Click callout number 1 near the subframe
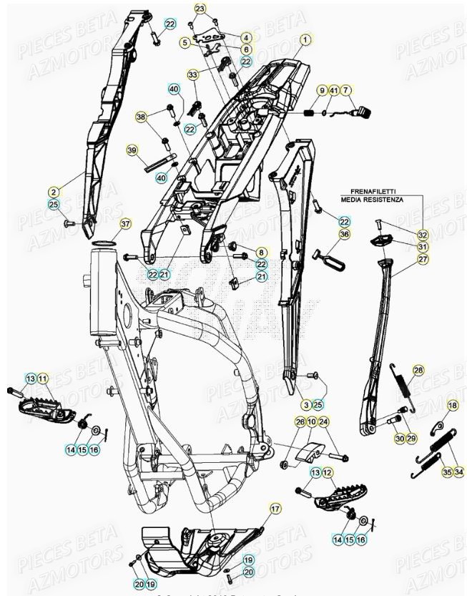click(306, 40)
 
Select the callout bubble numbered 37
click(125, 224)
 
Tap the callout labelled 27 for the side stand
click(423, 259)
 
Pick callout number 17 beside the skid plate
click(274, 509)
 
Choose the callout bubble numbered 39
click(132, 150)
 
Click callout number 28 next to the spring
click(418, 370)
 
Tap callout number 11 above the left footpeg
click(43, 378)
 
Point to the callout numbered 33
click(193, 74)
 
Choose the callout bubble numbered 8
click(261, 253)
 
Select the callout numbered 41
click(334, 90)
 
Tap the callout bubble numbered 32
click(423, 235)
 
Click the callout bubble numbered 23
click(200, 9)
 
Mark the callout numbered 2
click(54, 192)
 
